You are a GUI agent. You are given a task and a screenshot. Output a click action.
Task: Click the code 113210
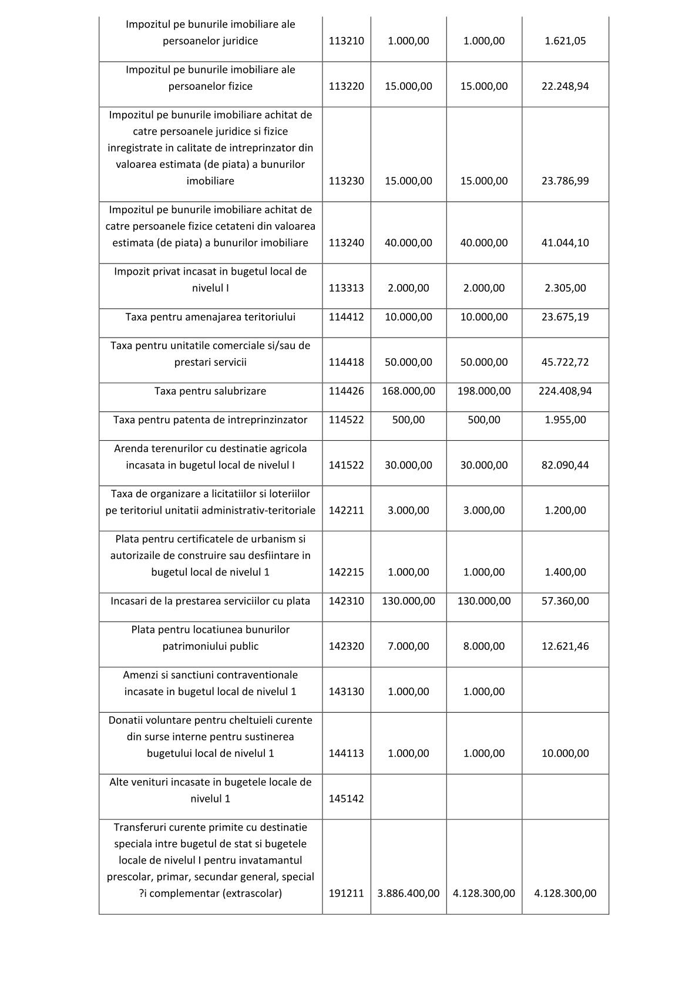(346, 41)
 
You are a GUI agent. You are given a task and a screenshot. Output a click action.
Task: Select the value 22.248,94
(565, 86)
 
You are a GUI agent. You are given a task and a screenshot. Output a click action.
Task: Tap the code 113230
(346, 181)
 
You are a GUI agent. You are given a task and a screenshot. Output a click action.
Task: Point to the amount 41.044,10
(565, 242)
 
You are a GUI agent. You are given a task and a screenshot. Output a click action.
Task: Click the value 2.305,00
(565, 288)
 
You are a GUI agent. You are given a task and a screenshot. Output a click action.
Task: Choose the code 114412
(346, 317)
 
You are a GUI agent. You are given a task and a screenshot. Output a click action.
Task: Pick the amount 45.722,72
(565, 362)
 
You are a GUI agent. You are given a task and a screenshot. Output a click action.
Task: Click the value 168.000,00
(408, 391)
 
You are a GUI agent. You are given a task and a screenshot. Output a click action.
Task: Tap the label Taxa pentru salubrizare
(210, 391)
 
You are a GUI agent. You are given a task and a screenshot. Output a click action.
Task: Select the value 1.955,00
(565, 420)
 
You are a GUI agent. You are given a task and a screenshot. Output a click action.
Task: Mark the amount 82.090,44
(565, 465)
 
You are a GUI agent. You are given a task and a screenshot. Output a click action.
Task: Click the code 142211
(346, 510)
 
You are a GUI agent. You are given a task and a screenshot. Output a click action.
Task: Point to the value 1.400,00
(565, 572)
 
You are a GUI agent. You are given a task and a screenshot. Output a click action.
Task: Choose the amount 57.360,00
(565, 601)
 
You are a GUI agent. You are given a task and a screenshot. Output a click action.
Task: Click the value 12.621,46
(565, 646)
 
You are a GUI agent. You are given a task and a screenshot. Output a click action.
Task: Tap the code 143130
(346, 692)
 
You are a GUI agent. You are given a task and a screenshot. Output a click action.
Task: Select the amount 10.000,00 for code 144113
(565, 753)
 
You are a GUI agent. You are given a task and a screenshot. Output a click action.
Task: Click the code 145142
(346, 798)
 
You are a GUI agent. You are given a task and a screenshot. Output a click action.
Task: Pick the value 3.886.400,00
(408, 893)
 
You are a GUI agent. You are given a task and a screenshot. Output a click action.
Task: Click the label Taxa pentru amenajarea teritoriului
(210, 317)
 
